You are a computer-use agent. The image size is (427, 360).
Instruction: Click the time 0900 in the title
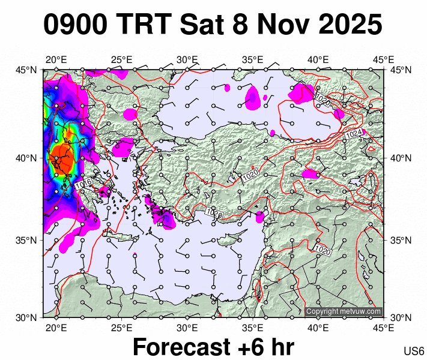tap(76, 25)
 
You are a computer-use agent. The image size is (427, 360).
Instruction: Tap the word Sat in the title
tap(204, 25)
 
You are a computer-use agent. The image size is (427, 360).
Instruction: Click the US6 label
tap(414, 352)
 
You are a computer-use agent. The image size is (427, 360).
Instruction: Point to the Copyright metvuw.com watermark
tap(344, 311)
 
